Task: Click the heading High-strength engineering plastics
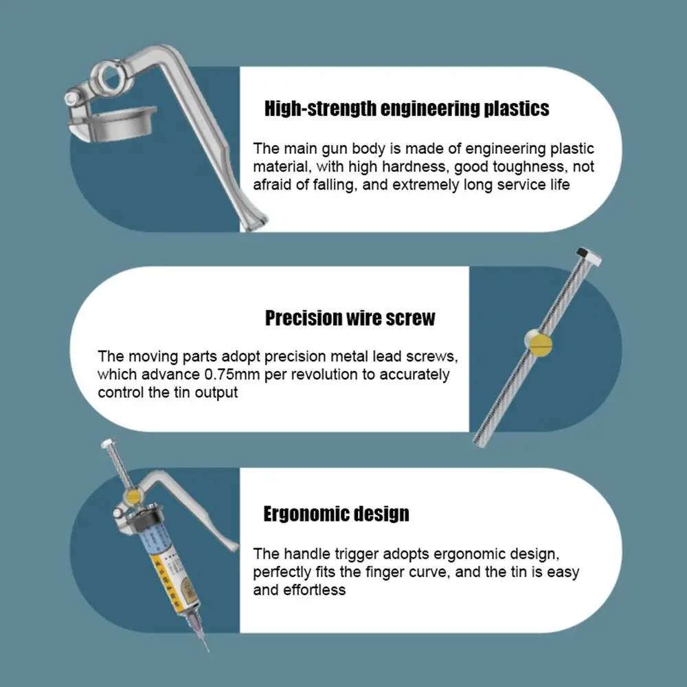click(x=407, y=109)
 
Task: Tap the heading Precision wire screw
click(x=350, y=318)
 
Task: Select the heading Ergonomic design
click(x=336, y=514)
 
